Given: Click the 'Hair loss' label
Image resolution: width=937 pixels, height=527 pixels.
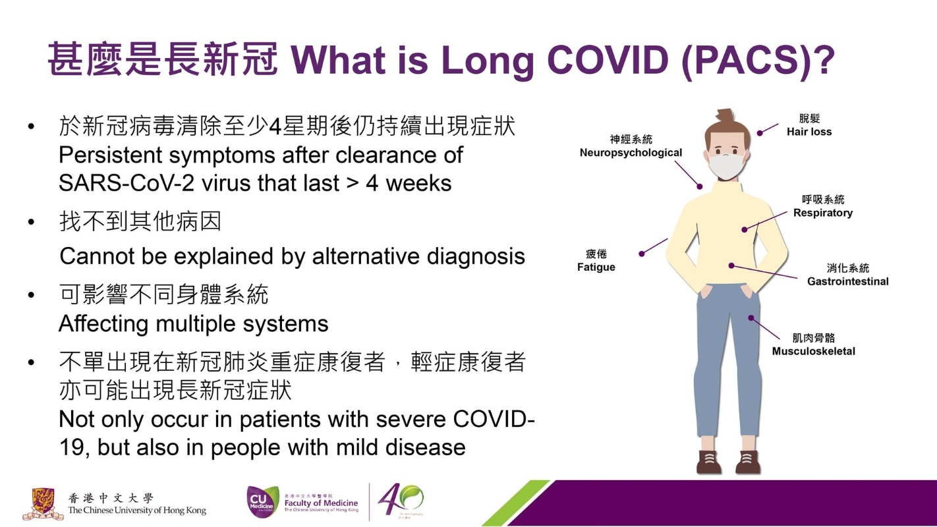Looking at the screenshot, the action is click(809, 132).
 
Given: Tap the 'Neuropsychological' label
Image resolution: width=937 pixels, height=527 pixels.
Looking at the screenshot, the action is click(631, 153).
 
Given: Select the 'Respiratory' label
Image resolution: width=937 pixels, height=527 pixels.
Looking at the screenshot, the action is click(823, 213).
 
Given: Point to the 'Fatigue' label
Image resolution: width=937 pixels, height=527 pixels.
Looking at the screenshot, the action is click(596, 267).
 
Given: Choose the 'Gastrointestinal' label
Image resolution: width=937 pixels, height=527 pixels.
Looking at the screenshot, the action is click(848, 281).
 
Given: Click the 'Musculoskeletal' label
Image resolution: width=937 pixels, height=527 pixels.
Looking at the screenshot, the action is click(814, 351).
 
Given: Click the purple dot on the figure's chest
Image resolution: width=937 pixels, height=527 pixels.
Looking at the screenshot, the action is click(744, 229).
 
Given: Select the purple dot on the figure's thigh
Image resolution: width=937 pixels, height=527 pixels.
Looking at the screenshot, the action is click(751, 318).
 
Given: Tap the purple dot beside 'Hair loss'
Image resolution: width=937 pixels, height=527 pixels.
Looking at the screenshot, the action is click(760, 133).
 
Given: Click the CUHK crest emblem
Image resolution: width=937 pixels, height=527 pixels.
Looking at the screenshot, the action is click(43, 503).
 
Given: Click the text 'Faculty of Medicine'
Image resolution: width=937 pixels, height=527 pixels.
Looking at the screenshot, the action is click(321, 503).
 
